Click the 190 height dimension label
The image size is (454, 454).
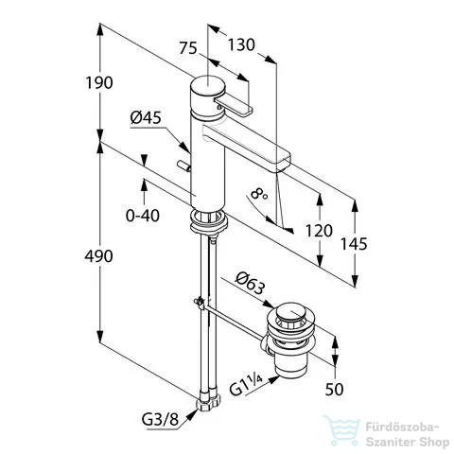(99, 83)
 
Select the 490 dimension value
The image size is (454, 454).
(98, 256)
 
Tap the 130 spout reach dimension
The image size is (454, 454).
(241, 44)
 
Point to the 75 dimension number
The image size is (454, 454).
(188, 48)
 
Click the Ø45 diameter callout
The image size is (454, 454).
(146, 118)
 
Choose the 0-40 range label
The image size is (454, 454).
(143, 216)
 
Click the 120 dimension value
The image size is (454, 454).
(319, 231)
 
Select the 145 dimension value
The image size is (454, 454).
(354, 244)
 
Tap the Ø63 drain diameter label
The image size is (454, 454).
(251, 283)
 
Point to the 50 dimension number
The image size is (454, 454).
(334, 390)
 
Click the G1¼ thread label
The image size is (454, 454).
(246, 387)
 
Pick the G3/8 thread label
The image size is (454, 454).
(161, 420)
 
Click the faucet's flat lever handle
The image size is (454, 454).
(234, 105)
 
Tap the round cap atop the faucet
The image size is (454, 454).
(207, 84)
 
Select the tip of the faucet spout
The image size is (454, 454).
(283, 162)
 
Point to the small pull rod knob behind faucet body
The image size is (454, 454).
(183, 166)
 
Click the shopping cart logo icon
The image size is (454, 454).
(342, 429)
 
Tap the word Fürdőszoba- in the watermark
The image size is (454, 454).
(402, 428)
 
